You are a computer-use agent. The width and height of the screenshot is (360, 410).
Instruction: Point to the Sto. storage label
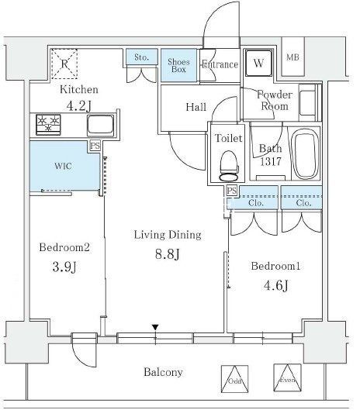[x=140, y=57]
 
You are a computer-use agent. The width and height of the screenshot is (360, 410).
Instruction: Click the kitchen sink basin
[x=99, y=123]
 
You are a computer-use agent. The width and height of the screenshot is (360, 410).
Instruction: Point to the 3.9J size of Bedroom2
[x=57, y=267]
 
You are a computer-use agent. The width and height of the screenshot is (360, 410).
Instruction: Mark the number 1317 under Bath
[x=271, y=162]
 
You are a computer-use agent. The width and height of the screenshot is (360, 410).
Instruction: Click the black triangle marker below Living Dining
[x=156, y=328]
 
